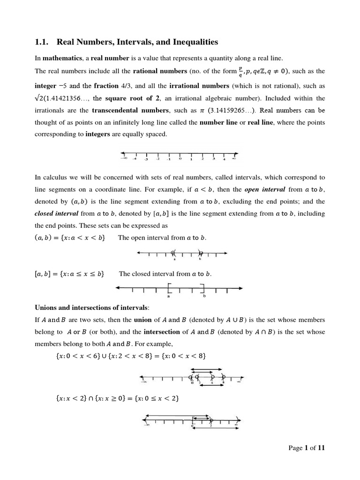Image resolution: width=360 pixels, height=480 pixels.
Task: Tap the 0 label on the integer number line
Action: point(180,159)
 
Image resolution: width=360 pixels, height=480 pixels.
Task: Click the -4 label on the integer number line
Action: point(135,159)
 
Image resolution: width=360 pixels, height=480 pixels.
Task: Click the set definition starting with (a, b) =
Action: point(70,238)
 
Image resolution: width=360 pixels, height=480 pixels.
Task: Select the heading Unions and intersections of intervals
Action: point(92,307)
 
